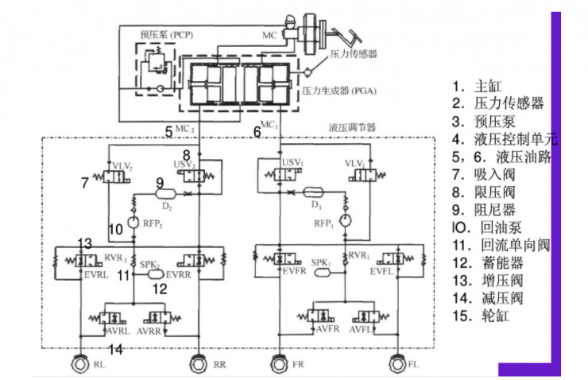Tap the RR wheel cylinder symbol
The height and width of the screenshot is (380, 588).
pyautogui.click(x=199, y=365)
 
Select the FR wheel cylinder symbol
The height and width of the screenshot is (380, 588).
pyautogui.click(x=279, y=365)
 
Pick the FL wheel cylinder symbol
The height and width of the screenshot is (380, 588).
pyautogui.click(x=397, y=365)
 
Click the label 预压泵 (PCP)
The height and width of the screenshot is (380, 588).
pyautogui.click(x=165, y=35)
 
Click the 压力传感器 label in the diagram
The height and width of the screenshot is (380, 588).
pyautogui.click(x=353, y=55)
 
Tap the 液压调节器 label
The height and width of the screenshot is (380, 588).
pyautogui.click(x=352, y=126)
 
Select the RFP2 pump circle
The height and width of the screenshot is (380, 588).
pyautogui.click(x=133, y=221)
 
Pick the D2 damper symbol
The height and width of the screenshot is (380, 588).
pyautogui.click(x=164, y=192)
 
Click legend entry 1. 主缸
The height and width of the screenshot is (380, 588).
pyautogui.click(x=477, y=87)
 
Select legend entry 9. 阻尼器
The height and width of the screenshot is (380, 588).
pyautogui.click(x=488, y=209)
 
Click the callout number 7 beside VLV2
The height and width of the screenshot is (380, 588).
pyautogui.click(x=84, y=183)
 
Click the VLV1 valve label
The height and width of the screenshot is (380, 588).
pyautogui.click(x=354, y=164)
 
